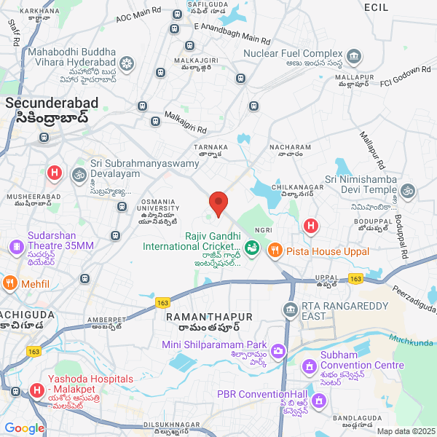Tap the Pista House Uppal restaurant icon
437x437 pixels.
pyautogui.click(x=275, y=250)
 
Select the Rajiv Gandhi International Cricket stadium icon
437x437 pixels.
pyautogui.click(x=252, y=248)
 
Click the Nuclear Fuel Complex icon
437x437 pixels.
pyautogui.click(x=355, y=55)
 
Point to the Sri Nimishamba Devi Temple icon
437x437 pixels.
pyautogui.click(x=408, y=191)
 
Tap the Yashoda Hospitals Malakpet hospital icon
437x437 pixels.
pyautogui.click(x=36, y=392)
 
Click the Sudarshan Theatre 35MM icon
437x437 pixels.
pyautogui.click(x=15, y=246)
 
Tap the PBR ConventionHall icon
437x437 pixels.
pyautogui.click(x=318, y=400)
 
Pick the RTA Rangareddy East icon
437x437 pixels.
pyautogui.click(x=291, y=310)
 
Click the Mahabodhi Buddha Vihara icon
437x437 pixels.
pyautogui.click(x=127, y=64)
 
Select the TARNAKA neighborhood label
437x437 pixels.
pyautogui.click(x=210, y=146)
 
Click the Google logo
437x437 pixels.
pyautogui.click(x=24, y=428)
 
